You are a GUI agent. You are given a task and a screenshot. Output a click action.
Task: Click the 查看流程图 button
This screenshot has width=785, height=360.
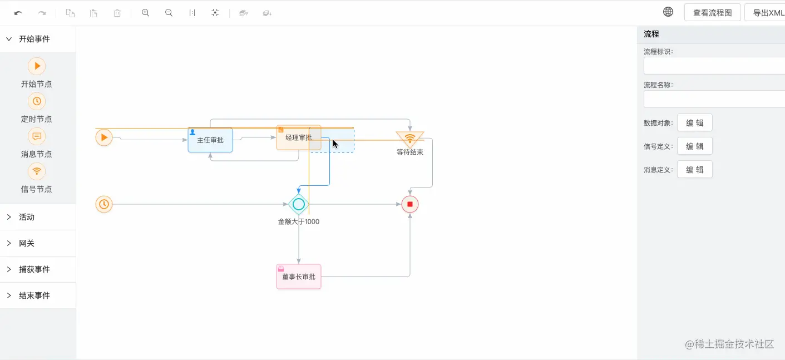tap(712, 13)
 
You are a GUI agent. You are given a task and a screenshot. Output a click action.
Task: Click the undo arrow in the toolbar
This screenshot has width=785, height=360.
tap(18, 13)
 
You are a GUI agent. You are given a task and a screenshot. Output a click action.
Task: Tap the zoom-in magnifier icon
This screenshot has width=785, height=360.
tap(146, 13)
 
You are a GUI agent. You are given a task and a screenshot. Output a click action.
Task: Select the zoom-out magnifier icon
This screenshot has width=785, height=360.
tap(169, 13)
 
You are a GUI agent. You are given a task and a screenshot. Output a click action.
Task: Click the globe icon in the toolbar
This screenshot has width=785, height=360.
tap(668, 12)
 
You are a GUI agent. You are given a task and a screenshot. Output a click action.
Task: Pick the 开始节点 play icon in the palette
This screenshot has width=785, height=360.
tap(37, 66)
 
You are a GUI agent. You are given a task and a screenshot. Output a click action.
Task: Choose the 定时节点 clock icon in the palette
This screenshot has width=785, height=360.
tap(37, 101)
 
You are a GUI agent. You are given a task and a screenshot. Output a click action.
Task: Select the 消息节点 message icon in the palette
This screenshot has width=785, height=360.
tap(37, 136)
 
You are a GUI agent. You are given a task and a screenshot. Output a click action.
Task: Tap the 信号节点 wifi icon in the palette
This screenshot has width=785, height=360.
tap(37, 171)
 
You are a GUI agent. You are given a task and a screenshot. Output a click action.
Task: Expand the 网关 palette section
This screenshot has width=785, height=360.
tap(27, 243)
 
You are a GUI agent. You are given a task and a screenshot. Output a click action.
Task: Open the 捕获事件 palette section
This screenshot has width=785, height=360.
tap(34, 269)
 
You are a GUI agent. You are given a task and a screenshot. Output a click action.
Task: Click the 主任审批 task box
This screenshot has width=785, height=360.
tap(210, 140)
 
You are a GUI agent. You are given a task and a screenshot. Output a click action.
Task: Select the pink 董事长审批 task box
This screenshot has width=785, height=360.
tap(299, 277)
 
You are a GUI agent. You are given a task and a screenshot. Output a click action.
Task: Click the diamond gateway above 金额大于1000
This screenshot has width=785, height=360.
tap(299, 204)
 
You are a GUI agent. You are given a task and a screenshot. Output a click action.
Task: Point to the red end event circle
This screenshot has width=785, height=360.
tap(410, 204)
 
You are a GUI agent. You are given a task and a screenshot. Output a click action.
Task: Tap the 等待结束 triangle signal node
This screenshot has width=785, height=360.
tap(410, 138)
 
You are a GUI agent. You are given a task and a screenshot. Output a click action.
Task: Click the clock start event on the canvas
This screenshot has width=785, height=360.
tap(104, 204)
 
